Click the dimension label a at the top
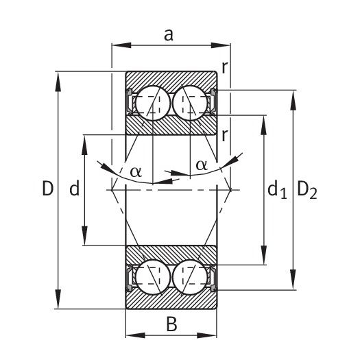(x=169, y=36)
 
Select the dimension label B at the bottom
(x=171, y=324)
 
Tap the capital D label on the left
(x=48, y=189)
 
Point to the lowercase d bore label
(x=74, y=188)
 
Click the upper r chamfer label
(x=224, y=67)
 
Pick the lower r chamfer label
(x=224, y=136)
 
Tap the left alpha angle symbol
(x=136, y=171)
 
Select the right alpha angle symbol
(x=202, y=165)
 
